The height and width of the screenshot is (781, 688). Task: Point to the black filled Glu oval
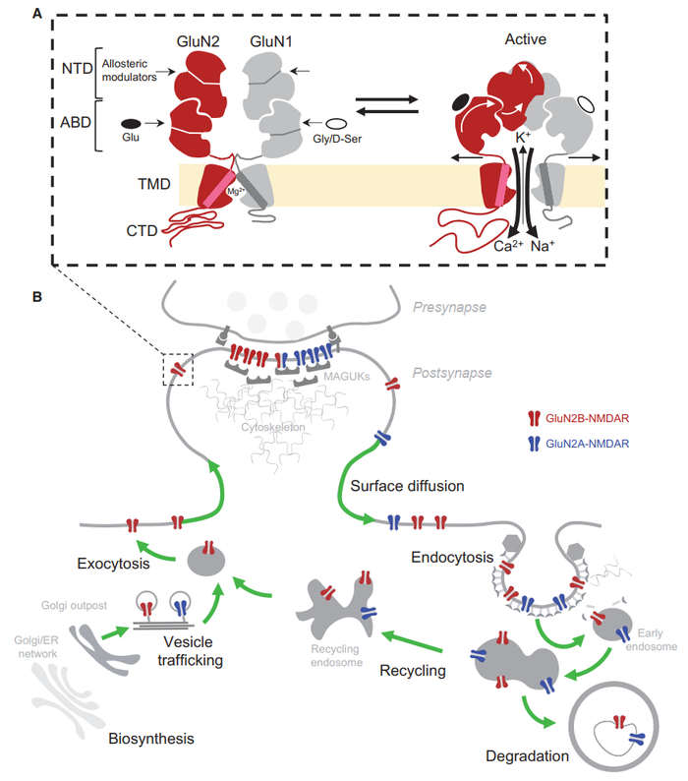(130, 124)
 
